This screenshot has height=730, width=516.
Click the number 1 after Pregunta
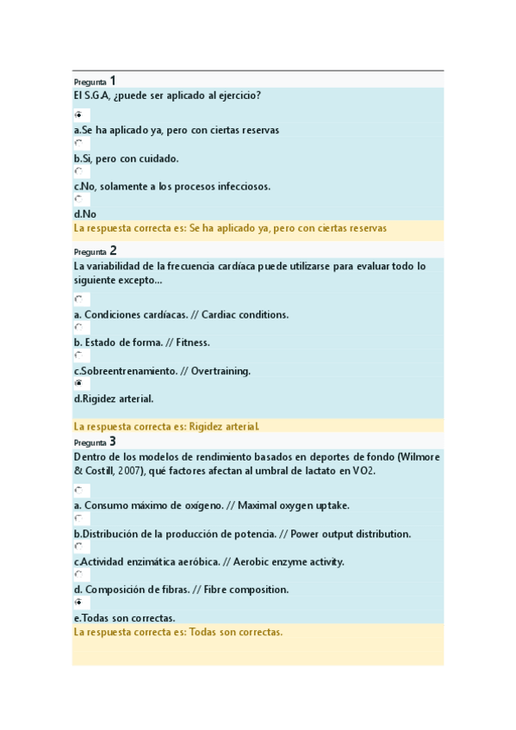(x=113, y=80)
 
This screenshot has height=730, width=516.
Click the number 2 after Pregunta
(x=113, y=251)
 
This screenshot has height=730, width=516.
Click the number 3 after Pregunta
(x=113, y=442)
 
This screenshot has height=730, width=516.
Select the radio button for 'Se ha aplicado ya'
(x=78, y=114)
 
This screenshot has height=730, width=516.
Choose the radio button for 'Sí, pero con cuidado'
(x=78, y=143)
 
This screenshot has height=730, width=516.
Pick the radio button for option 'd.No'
(x=78, y=199)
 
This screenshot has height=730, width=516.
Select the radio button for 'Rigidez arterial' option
(x=78, y=383)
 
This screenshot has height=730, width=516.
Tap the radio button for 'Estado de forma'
(x=78, y=327)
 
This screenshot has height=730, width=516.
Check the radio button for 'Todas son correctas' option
(x=78, y=603)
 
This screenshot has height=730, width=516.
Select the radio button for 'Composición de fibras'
(x=78, y=574)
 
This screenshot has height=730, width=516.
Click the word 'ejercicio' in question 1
(x=238, y=96)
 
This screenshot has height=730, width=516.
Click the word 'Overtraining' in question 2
(x=221, y=371)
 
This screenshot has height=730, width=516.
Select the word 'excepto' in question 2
(x=140, y=281)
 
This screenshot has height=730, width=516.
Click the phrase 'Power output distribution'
(x=351, y=534)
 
